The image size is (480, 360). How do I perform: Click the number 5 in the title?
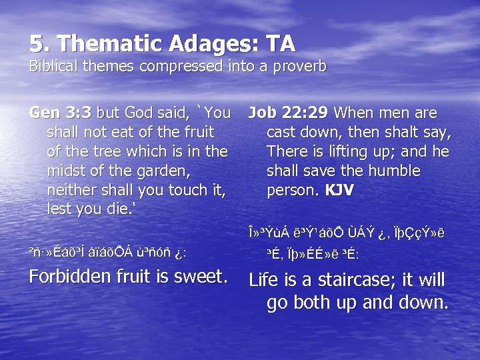point(36,43)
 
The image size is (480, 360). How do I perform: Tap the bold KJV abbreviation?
point(339,191)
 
